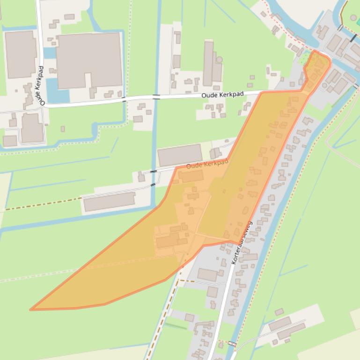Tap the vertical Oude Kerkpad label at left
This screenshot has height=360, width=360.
[42, 86]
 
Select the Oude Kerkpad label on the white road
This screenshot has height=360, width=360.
[222, 94]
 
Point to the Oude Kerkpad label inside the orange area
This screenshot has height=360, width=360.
[207, 164]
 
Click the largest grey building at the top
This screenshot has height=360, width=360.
[89, 60]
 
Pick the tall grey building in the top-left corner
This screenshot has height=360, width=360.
[20, 54]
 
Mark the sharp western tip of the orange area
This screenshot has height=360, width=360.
[32, 309]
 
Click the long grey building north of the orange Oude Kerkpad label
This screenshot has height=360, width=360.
[180, 155]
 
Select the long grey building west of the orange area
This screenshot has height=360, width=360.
[109, 202]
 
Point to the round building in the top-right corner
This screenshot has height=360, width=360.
[353, 18]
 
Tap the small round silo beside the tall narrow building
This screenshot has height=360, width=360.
[219, 60]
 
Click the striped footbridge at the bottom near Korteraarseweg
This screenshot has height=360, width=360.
[231, 344]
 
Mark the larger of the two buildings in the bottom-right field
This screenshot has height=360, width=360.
[290, 331]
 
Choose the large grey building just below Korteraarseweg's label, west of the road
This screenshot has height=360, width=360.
[207, 274]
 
